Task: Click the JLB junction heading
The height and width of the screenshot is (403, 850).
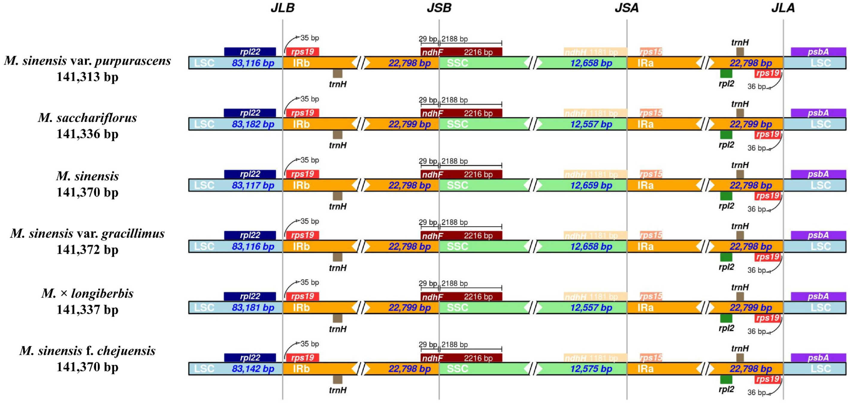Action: click(282, 8)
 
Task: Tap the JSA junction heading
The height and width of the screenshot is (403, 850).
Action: click(626, 8)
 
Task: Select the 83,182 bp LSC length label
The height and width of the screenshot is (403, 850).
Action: click(253, 124)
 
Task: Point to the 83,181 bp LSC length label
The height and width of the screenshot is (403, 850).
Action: click(253, 308)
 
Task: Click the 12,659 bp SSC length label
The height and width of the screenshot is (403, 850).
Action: click(591, 185)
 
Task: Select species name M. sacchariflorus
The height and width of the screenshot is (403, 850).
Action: click(87, 118)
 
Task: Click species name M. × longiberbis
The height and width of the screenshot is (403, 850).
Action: click(87, 293)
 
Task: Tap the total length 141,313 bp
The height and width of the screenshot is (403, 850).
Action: click(87, 77)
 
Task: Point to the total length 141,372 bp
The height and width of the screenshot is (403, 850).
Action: click(87, 250)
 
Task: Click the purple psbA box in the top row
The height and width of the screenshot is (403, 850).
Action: click(818, 52)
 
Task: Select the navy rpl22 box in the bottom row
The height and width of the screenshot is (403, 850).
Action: click(250, 357)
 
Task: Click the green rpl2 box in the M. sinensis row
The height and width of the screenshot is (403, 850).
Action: click(726, 196)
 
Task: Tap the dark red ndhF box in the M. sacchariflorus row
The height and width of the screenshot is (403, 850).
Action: click(461, 113)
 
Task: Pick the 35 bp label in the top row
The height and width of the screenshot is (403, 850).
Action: click(309, 38)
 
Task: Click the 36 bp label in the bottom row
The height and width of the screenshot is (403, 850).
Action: click(756, 393)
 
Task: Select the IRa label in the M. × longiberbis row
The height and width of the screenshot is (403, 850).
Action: click(645, 308)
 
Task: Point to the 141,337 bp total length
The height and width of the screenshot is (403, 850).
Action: click(87, 310)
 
